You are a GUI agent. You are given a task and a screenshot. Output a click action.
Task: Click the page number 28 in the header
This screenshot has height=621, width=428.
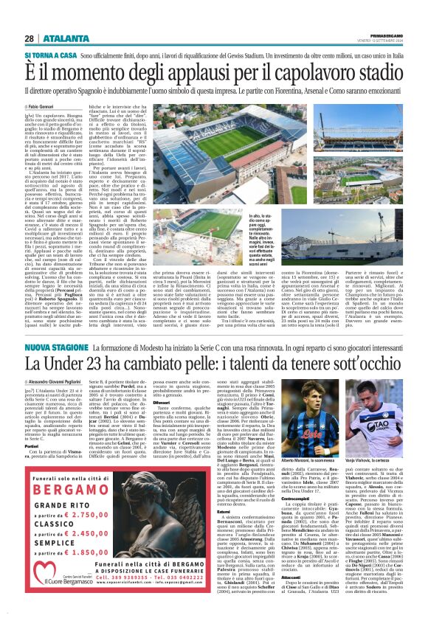point(29,38)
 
